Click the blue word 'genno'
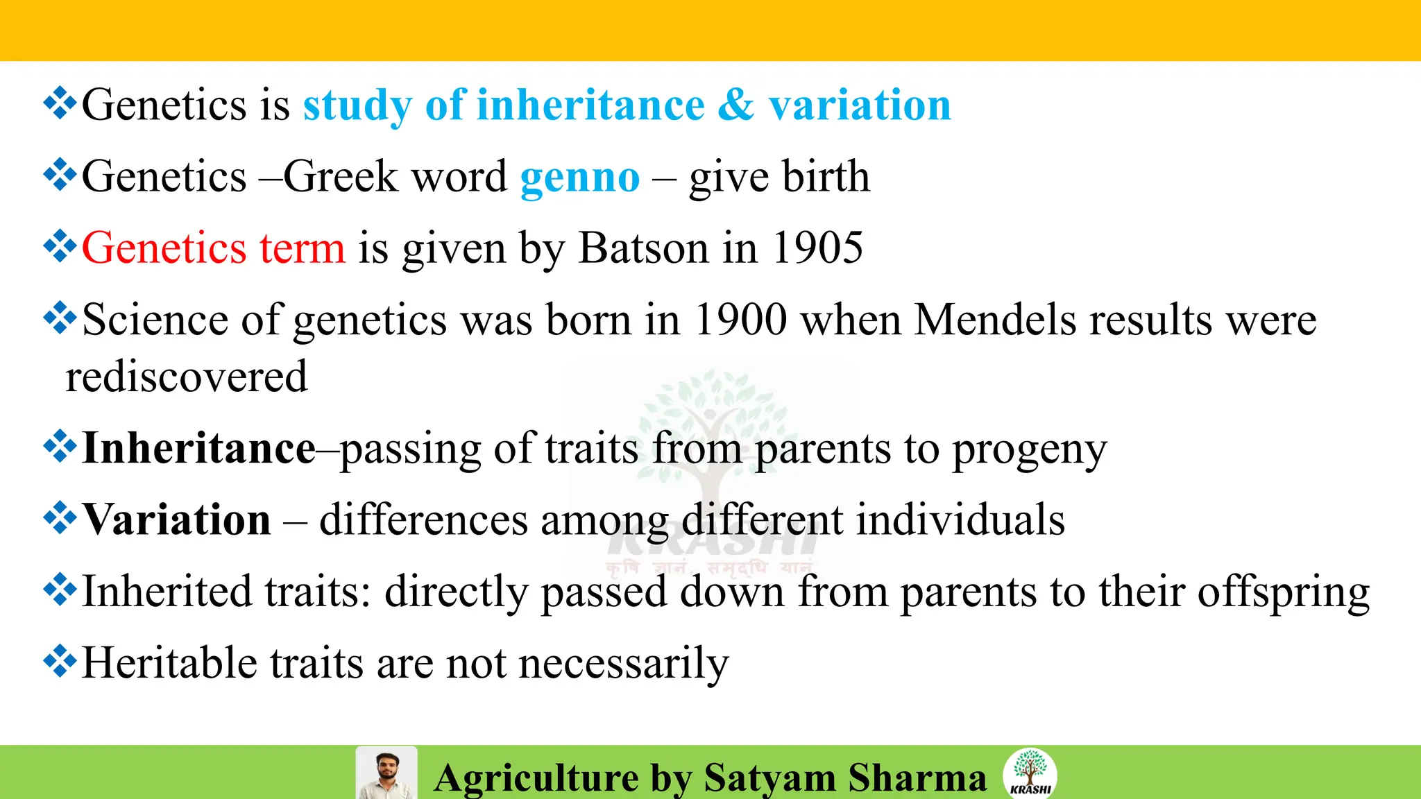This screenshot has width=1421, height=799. pos(579,178)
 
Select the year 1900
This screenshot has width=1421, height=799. pos(740,320)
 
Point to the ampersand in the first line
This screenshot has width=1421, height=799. pos(735,105)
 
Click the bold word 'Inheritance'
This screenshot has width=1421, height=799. pos(199,448)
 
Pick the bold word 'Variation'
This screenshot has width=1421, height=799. pos(177,519)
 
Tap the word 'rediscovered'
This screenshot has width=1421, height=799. pos(186,377)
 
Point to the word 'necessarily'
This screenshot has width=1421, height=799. pos(624,664)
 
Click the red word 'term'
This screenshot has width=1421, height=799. pos(302,248)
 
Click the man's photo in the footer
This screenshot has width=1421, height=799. pos(386,774)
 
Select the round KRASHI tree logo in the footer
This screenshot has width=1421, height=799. pos(1030,773)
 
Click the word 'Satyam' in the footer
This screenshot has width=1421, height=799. pos(769,777)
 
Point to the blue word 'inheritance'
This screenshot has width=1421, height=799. pos(565,105)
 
